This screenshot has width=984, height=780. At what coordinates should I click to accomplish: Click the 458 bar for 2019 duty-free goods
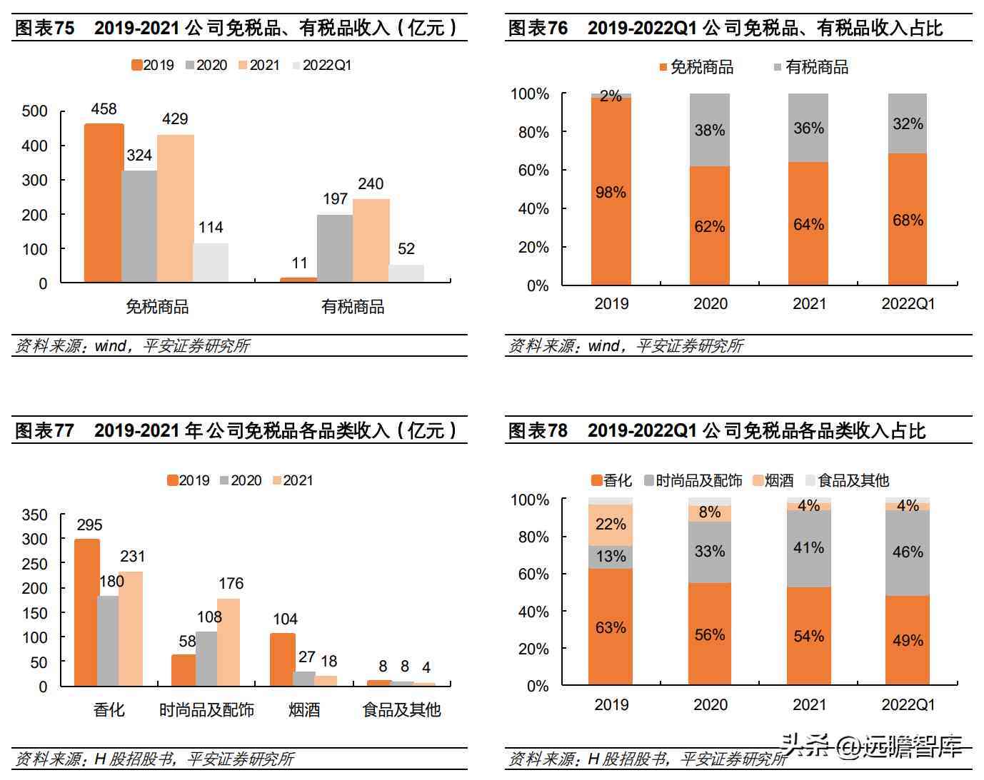pyautogui.click(x=104, y=203)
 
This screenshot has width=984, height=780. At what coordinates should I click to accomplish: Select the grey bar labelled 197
pyautogui.click(x=335, y=248)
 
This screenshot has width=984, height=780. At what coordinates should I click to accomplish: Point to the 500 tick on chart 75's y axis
pyautogui.click(x=35, y=111)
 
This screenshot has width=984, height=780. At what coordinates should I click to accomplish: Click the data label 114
pyautogui.click(x=211, y=228)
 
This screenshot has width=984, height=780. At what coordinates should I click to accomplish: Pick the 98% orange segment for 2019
pyautogui.click(x=611, y=191)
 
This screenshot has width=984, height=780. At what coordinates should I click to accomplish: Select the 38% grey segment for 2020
pyautogui.click(x=710, y=130)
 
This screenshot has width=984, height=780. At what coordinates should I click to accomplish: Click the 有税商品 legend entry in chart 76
pyautogui.click(x=811, y=67)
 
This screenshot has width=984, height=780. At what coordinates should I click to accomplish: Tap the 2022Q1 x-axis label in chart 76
pyautogui.click(x=908, y=304)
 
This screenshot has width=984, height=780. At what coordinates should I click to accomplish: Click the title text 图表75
pyautogui.click(x=45, y=29)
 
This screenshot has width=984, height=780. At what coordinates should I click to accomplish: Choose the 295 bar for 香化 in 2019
pyautogui.click(x=87, y=612)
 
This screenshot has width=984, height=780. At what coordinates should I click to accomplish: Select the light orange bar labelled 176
pyautogui.click(x=229, y=642)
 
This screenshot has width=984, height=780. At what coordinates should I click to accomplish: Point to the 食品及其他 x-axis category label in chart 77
pyautogui.click(x=402, y=710)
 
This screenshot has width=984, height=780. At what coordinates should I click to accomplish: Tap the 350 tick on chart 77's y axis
pyautogui.click(x=35, y=515)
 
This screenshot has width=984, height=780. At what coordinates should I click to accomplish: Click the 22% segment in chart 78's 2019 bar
pyautogui.click(x=611, y=525)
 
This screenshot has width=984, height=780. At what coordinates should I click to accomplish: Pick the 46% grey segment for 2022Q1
pyautogui.click(x=908, y=552)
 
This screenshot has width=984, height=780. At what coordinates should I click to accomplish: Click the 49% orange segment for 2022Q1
pyautogui.click(x=908, y=640)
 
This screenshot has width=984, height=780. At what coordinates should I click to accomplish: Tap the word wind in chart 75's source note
pyautogui.click(x=111, y=346)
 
